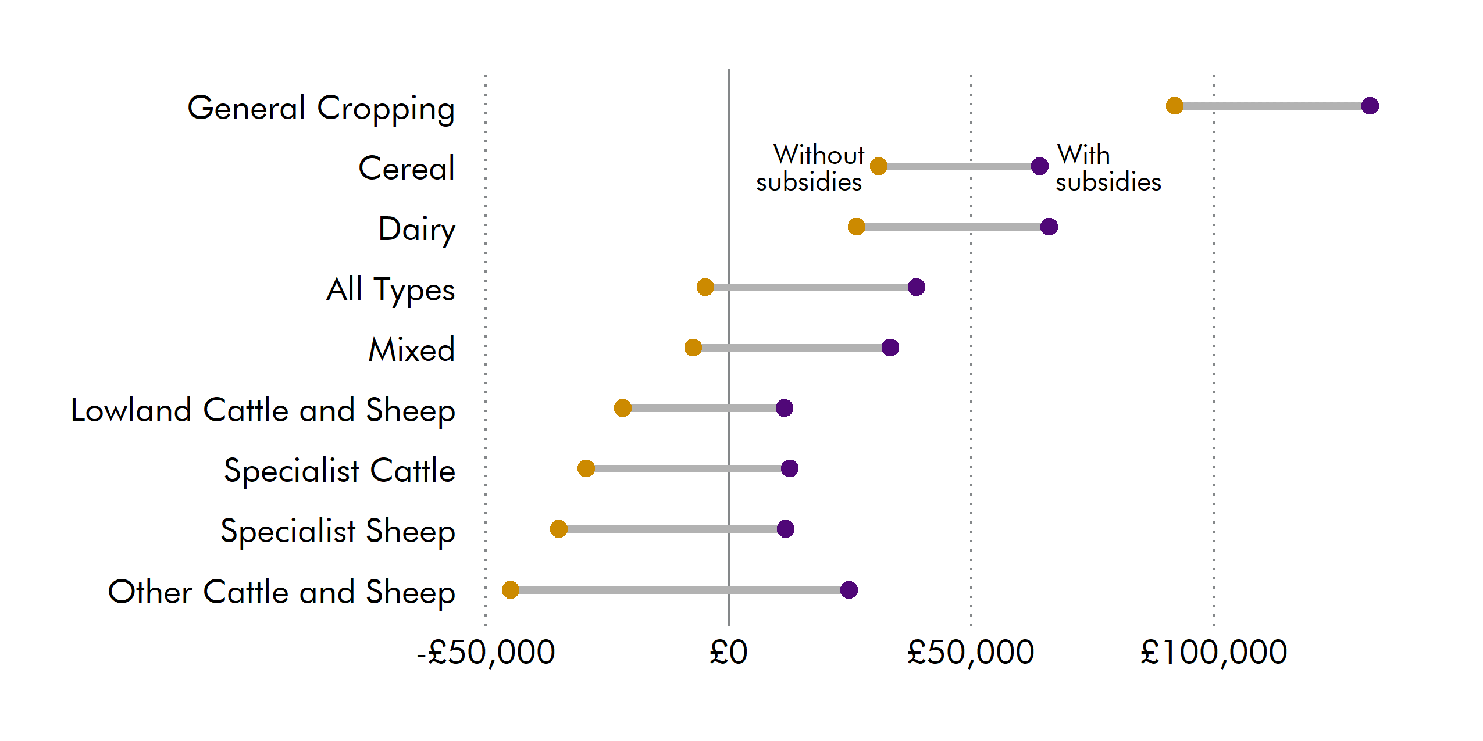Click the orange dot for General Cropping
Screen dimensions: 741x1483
coord(1174,106)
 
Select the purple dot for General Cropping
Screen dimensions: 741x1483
coord(1370,106)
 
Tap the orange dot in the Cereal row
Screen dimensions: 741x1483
coord(878,166)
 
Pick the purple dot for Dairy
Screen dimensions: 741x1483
coord(1049,227)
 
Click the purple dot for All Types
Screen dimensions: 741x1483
coord(916,287)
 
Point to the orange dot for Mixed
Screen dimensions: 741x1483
coord(693,348)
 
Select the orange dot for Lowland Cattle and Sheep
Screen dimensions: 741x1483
coord(622,408)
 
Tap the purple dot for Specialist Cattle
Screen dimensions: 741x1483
coord(789,468)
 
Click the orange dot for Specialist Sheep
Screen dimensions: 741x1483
coord(558,529)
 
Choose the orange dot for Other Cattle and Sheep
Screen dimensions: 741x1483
coord(510,590)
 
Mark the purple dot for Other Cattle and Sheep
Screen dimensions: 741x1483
coord(849,590)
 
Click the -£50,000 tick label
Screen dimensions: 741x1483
coord(486,652)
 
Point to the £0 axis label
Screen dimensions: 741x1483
coord(728,652)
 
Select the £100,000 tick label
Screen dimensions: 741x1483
coord(1214,652)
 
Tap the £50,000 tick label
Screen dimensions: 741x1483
coord(971,652)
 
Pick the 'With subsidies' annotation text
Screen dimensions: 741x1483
coord(1107,168)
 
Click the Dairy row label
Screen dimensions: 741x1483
coord(416,229)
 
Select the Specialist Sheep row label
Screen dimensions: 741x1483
coord(337,531)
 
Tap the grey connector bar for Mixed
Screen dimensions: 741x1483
coord(791,348)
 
